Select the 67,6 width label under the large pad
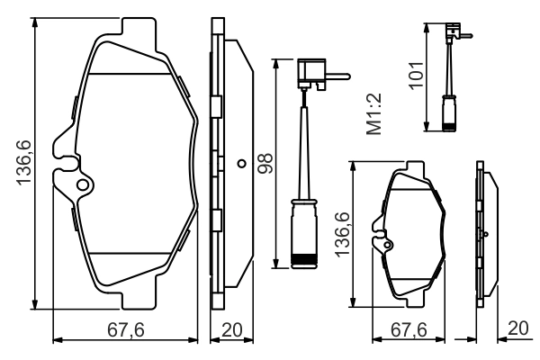(125, 329)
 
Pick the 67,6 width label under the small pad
(409, 329)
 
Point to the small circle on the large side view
(240, 164)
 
